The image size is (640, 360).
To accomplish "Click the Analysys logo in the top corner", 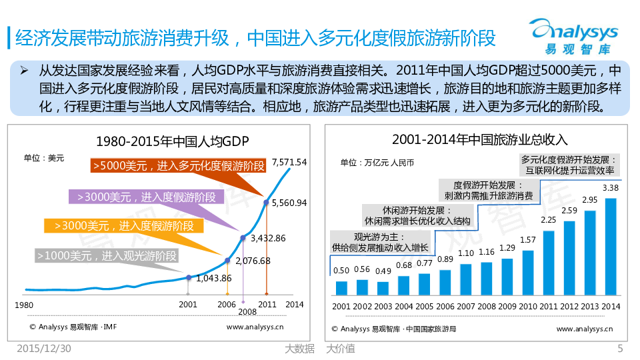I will [x=574, y=35].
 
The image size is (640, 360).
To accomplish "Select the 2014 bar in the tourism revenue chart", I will [x=610, y=246].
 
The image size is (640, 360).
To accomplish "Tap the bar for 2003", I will [x=383, y=288].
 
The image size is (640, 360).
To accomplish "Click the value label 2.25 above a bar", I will [x=548, y=220].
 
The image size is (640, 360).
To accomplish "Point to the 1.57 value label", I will [x=527, y=240].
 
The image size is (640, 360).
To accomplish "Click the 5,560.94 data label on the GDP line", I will [x=290, y=203].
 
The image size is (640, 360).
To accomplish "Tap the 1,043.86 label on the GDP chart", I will [x=215, y=278].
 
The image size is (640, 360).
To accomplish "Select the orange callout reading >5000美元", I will [x=178, y=166].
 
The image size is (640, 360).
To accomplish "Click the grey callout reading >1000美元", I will [x=108, y=255].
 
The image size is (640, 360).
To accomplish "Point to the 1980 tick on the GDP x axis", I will [x=25, y=305].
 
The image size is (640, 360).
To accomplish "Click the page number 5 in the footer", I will [x=620, y=348].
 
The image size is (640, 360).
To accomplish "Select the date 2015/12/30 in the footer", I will [x=44, y=348].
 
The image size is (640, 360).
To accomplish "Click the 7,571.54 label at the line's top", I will [x=289, y=162].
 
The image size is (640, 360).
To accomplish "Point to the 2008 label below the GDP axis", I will [x=247, y=311].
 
